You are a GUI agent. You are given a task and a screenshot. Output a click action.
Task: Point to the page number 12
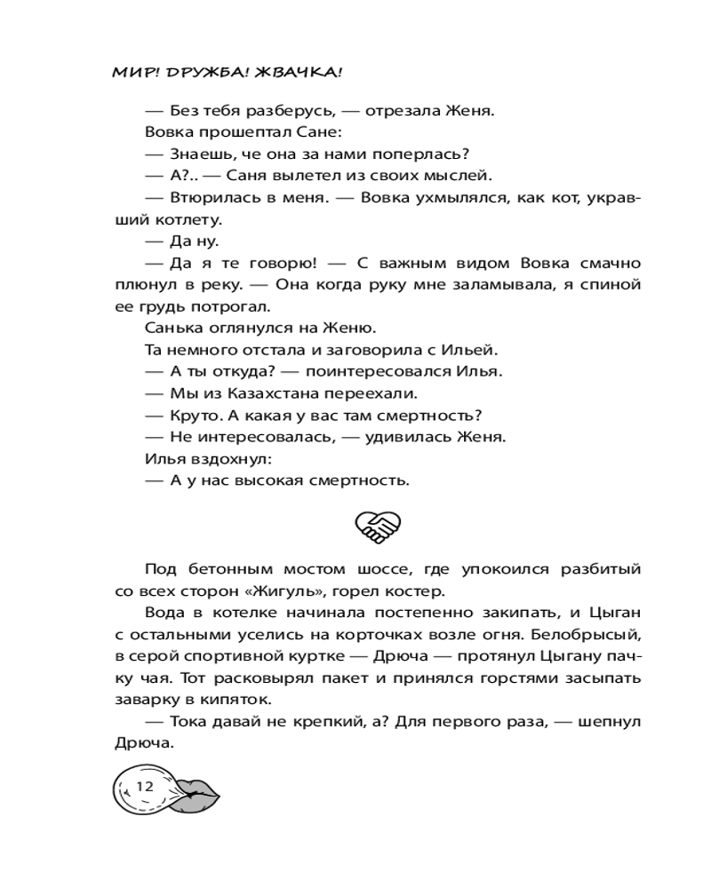tap(146, 787)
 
